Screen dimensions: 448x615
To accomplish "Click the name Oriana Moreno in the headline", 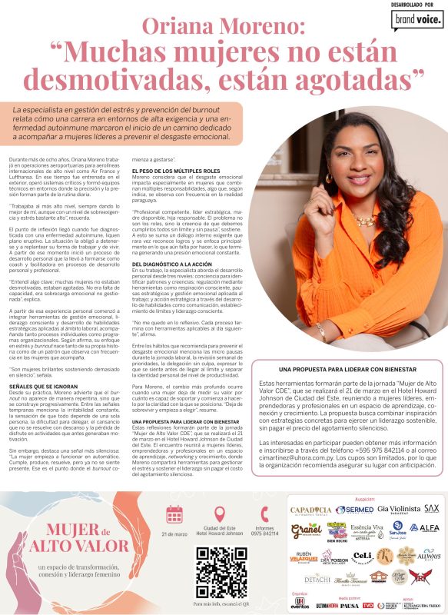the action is pos(224,28).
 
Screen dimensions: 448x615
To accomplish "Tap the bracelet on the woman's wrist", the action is pos(320,332).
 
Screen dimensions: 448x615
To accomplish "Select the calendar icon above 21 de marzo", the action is pos(174,514).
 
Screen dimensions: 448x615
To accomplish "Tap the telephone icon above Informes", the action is pos(264,514).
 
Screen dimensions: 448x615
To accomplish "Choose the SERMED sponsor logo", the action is pos(355,509).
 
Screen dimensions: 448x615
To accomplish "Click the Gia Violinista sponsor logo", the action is pos(399,509).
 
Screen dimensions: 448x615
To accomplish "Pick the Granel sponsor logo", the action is pos(306,530).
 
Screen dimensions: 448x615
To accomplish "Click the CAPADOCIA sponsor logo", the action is pos(310,510).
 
